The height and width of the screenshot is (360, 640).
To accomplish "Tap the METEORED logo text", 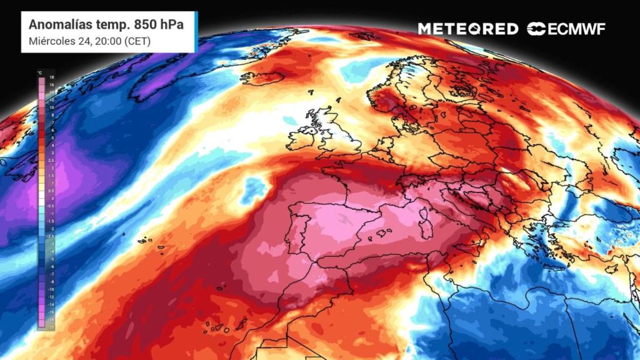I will [468, 29].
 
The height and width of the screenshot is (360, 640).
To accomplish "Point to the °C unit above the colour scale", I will [40, 72].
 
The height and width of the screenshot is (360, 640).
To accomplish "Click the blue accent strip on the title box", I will [196, 31].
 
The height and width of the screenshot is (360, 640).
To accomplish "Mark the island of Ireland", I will [302, 137].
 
